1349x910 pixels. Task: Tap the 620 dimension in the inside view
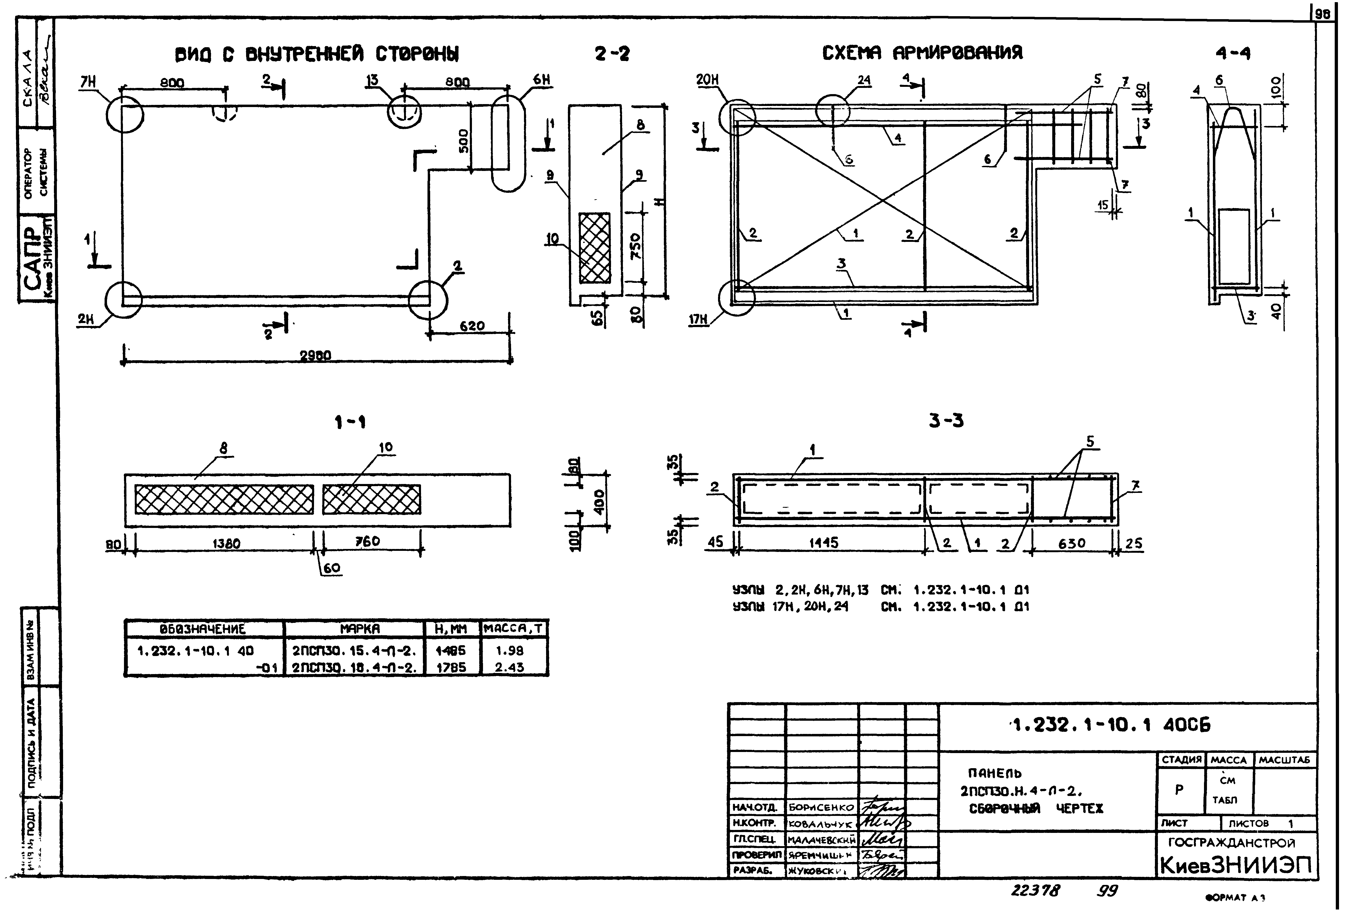click(472, 326)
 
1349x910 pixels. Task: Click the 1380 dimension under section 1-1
click(226, 544)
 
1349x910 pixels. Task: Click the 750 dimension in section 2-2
click(636, 246)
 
